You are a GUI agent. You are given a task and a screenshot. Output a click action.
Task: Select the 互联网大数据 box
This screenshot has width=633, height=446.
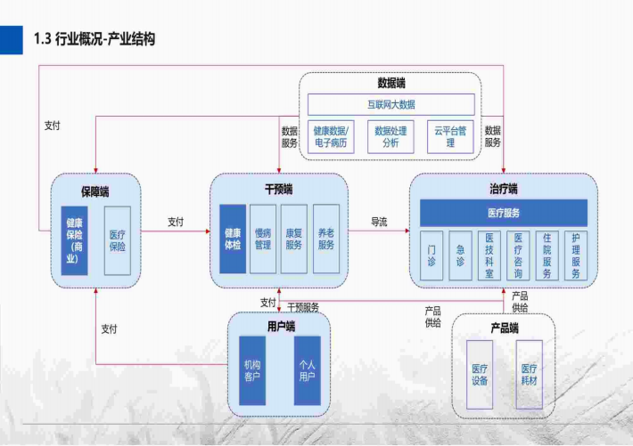coord(390,104)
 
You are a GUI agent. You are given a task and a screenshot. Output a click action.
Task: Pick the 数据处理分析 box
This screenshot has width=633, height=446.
coord(390,136)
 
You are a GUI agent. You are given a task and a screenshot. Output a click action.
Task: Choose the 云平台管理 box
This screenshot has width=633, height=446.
coord(450,136)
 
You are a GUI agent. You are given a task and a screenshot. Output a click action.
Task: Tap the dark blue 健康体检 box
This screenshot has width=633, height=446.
coord(232,239)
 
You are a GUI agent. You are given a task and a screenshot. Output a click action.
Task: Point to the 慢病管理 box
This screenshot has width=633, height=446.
coord(262,239)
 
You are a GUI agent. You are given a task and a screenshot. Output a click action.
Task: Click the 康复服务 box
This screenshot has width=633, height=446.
coord(293,239)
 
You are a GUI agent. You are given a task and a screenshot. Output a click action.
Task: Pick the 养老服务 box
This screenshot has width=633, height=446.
coord(325,239)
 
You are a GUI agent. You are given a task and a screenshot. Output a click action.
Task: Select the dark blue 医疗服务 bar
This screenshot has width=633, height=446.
coord(504,213)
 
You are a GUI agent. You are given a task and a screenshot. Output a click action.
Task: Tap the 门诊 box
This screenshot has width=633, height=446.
coord(432,256)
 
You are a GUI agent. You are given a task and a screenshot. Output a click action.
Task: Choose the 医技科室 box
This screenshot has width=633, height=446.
coord(489,256)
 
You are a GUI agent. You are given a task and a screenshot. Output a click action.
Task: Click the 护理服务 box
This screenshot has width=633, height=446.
coord(576,256)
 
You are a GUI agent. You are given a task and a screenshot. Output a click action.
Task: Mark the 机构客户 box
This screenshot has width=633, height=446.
coord(252,370)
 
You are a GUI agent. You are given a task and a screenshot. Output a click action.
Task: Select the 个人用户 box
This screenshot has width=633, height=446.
coord(307,370)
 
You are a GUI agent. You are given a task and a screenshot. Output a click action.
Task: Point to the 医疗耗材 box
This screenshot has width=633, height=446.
coord(529,374)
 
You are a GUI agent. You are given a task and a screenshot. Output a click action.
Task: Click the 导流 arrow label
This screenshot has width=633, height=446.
coord(379,222)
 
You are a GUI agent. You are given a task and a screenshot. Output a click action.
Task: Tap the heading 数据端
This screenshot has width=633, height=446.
coord(390,83)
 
